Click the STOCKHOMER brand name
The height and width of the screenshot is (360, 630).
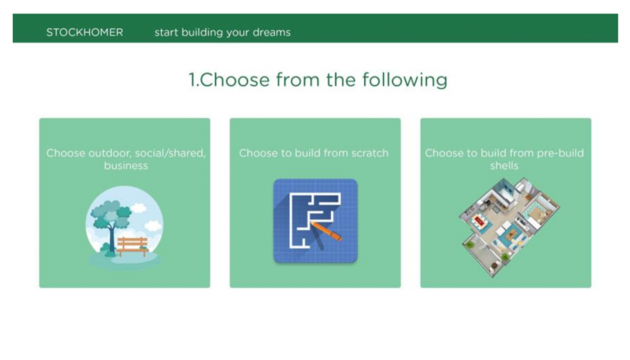[85, 32]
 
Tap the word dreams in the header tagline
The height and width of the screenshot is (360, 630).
[271, 32]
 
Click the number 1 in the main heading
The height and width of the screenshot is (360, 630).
[192, 79]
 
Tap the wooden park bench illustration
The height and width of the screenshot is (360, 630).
[132, 246]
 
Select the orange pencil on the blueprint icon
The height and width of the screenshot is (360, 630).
[326, 231]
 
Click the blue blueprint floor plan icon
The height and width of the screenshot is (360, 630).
[316, 220]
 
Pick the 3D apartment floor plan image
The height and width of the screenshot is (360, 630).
[509, 226]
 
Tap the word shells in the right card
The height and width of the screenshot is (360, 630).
[504, 166]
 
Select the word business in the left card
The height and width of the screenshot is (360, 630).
[126, 166]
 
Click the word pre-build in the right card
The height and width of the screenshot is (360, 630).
[560, 153]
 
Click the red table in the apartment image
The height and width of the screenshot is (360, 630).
[479, 220]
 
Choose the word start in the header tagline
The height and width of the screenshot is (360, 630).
[166, 33]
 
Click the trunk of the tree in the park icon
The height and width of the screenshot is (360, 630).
[111, 238]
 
